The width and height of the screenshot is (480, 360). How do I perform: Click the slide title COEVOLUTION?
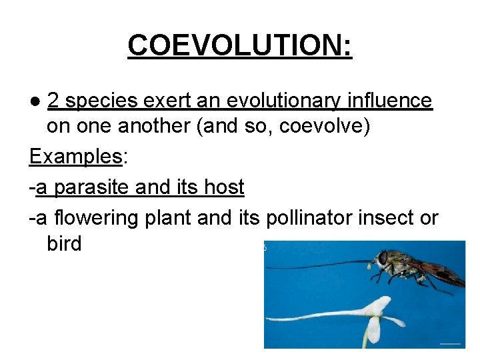click(x=239, y=45)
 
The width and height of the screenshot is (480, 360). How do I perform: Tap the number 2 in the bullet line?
click(x=54, y=101)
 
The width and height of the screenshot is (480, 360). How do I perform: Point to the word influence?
click(x=395, y=101)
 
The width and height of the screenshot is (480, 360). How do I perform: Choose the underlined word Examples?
click(x=75, y=157)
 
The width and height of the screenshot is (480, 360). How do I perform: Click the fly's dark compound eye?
click(x=383, y=258)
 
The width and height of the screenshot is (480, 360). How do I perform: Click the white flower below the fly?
click(x=374, y=317)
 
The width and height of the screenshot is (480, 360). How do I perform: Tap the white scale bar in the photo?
click(x=451, y=343)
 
